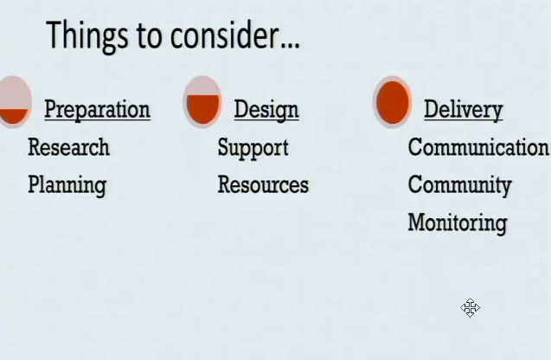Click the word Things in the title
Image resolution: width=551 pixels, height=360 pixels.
[x=86, y=36]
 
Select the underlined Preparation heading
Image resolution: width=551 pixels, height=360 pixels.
[x=98, y=110]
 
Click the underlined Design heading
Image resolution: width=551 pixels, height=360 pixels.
[x=266, y=110]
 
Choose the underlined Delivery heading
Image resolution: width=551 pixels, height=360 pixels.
[x=464, y=110]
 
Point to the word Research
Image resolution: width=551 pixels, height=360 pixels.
[x=68, y=147]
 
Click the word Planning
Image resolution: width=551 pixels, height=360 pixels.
[x=67, y=185]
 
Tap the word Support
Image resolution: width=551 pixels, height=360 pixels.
[x=253, y=148]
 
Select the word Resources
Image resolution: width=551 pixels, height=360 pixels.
[x=263, y=184]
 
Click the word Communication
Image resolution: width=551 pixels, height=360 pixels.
[x=478, y=147]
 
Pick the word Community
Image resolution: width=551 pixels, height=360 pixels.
[x=459, y=185]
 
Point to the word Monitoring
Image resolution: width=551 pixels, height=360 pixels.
[x=458, y=223]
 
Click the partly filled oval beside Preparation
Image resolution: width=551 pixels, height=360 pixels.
[x=14, y=102]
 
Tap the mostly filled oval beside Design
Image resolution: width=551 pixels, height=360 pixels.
[x=202, y=102]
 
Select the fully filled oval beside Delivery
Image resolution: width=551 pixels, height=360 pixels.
[x=393, y=102]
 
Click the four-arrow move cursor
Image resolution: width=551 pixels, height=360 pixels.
[x=471, y=308]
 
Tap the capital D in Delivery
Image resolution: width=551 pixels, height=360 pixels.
[x=432, y=108]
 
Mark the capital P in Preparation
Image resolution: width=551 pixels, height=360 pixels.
[x=51, y=108]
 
